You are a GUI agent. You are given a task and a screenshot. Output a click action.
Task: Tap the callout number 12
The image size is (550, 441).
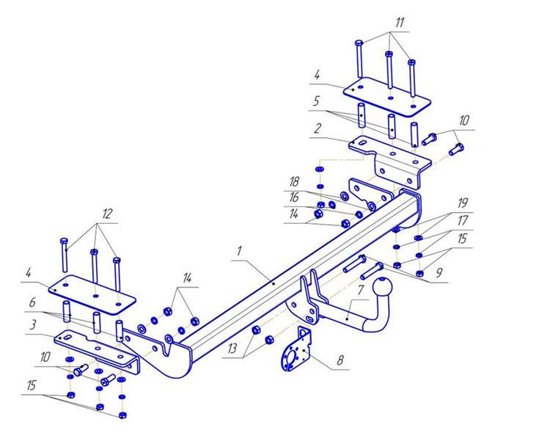(107, 214)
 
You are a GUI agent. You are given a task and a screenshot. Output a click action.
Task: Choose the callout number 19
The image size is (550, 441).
(463, 202)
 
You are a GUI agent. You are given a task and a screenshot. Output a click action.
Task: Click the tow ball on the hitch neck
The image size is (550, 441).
(384, 288)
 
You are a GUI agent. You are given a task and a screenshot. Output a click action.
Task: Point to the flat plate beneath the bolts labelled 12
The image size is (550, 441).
(94, 295)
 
